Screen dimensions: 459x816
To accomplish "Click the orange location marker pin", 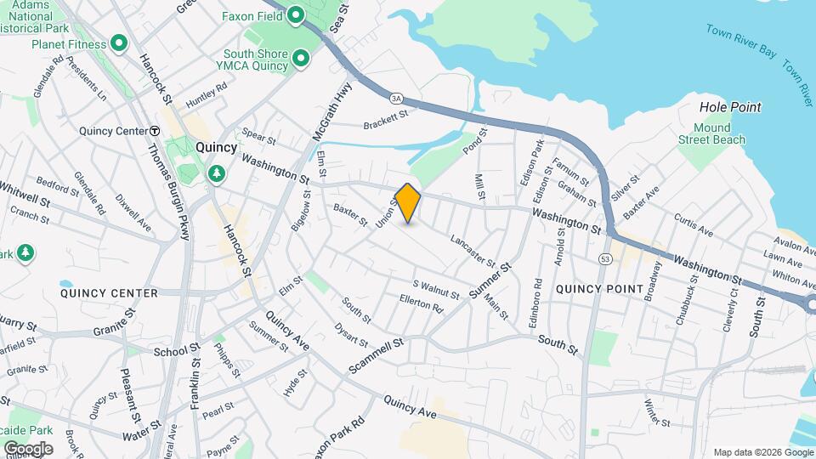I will [408, 202].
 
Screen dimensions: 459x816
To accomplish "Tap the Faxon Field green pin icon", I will [296, 14].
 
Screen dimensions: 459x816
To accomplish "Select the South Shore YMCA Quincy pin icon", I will [300, 59].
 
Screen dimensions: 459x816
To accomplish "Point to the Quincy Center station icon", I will [155, 131].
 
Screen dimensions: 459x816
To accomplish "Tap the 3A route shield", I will [395, 98].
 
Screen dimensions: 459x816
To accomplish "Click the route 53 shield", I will [605, 258].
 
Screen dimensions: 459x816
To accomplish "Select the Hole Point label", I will [729, 107].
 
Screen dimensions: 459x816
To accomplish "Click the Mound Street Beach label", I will [711, 133].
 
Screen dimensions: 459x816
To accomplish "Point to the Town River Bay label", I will [740, 40].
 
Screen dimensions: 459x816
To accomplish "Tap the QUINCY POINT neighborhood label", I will [599, 289].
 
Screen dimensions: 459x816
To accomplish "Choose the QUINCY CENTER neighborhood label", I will [109, 293].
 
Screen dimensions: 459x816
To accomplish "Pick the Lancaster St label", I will [473, 248].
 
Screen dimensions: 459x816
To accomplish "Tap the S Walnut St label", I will [436, 289].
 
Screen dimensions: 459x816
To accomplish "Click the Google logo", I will [28, 448].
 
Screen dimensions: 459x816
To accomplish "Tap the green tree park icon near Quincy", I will [218, 173].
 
